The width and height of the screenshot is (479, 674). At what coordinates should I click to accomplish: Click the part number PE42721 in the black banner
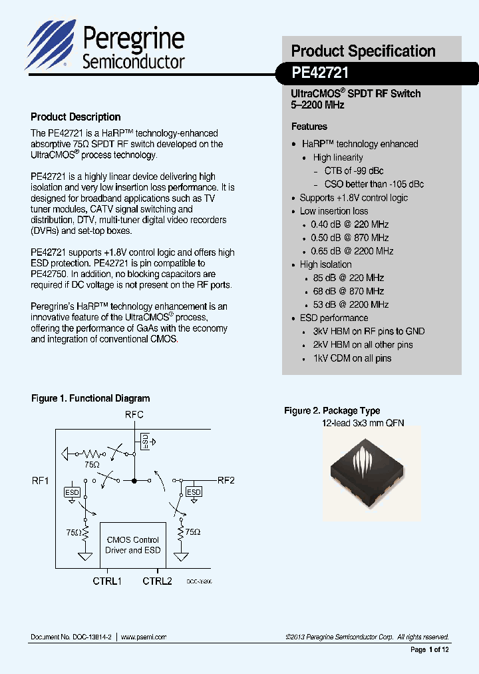pos(320,72)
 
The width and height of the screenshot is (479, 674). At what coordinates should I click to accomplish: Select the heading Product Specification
pos(363,51)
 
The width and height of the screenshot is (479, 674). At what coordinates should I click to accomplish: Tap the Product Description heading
pos(76,117)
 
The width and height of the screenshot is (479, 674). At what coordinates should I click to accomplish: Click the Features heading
pos(309,127)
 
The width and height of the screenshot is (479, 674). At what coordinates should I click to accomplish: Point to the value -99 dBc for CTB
pos(369,171)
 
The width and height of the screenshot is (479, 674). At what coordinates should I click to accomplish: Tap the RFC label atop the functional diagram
pos(134,415)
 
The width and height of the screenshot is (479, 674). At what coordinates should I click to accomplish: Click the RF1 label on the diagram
pos(40,480)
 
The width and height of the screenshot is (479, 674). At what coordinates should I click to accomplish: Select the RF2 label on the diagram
pos(226,480)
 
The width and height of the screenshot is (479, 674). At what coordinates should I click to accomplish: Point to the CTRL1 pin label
pos(107,581)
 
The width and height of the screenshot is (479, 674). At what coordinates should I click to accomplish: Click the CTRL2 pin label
pos(157,581)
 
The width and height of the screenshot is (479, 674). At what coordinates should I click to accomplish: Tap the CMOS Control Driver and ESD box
pos(132,545)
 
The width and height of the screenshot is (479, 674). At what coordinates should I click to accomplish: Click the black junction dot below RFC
pos(134,480)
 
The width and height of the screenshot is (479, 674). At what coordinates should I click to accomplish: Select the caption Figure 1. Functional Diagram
pos(90,398)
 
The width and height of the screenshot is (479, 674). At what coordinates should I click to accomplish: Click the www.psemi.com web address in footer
pos(144,637)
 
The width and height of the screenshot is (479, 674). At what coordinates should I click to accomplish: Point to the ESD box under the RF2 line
pos(194,492)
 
